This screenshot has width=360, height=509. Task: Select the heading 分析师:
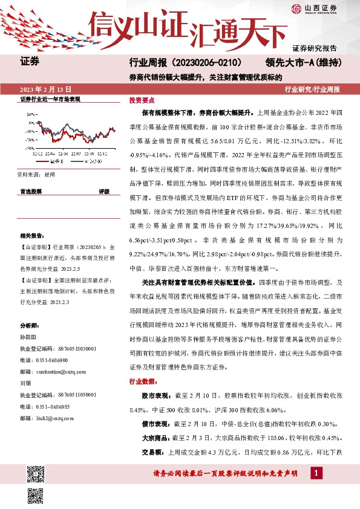click(29, 325)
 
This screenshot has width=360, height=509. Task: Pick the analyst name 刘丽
click(26, 382)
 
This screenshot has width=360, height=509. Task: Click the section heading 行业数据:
click(143, 381)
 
